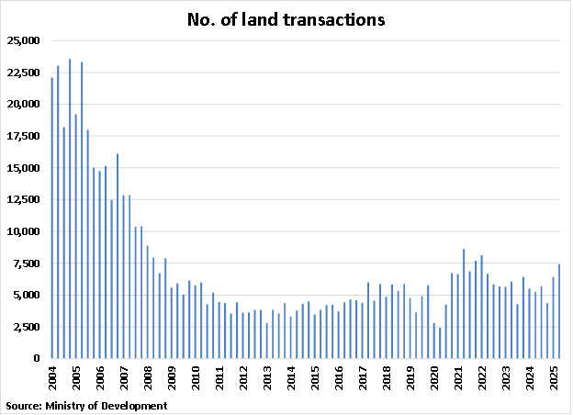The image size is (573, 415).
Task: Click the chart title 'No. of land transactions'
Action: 286,19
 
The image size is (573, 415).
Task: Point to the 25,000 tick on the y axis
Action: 24,40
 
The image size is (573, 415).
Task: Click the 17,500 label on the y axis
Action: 24,136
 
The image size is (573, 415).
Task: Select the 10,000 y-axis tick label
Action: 24,231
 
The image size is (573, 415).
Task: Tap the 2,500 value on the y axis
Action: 27,327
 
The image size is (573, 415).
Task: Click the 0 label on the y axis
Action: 38,358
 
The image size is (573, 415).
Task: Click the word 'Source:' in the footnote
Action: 23,405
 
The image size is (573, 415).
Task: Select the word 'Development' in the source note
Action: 136,405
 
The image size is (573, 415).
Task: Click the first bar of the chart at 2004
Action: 52,218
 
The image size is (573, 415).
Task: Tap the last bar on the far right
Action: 559,311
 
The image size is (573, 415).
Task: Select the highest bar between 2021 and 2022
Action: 464,303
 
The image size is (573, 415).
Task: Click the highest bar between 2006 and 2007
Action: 118,256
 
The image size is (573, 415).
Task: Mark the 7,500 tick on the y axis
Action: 27,264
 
